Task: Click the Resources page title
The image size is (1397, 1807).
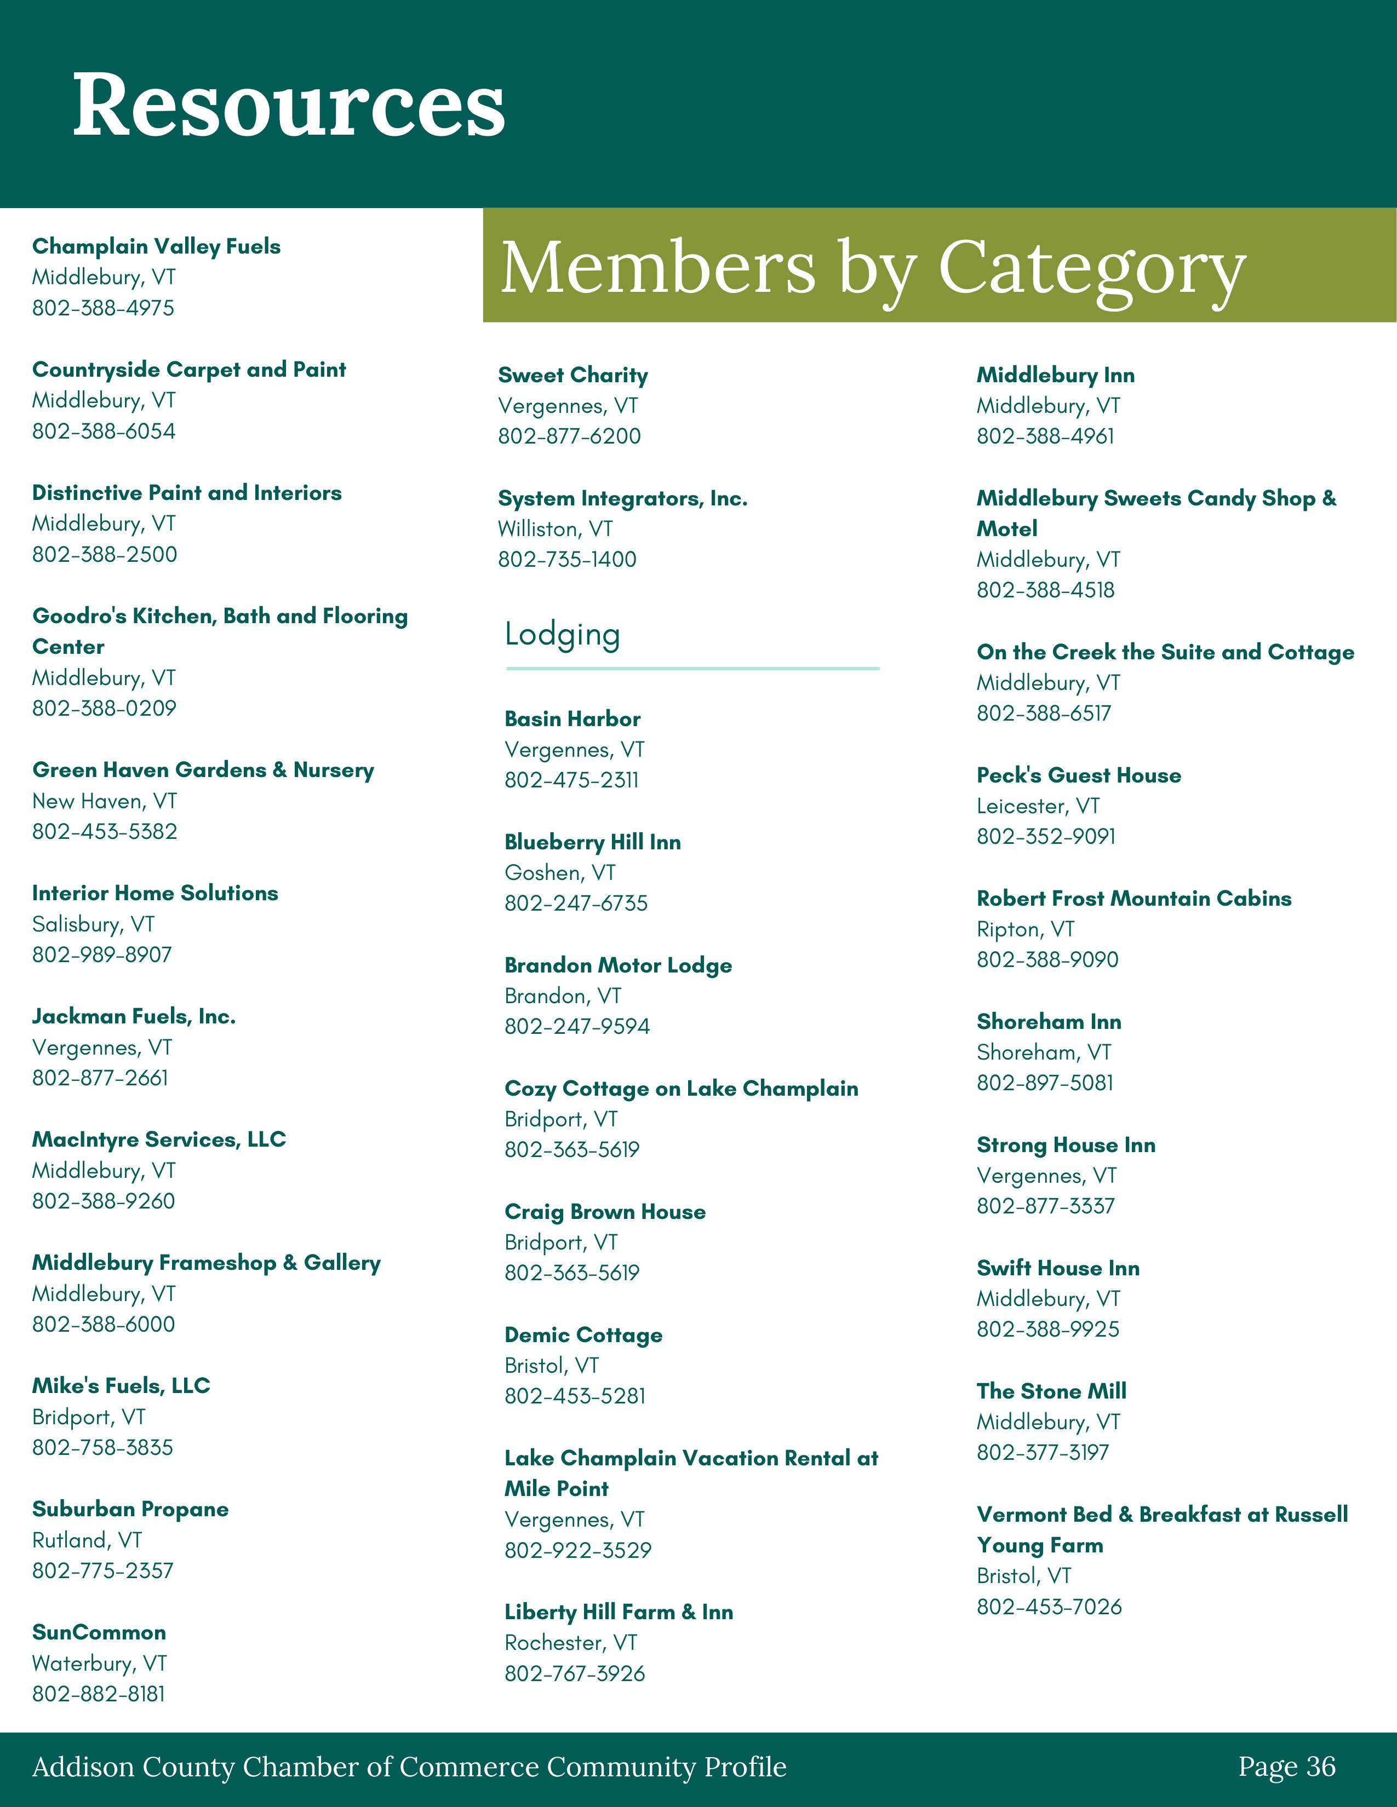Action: coord(289,105)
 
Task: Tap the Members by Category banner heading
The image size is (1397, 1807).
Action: coord(873,267)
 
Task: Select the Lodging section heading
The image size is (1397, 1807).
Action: coord(562,635)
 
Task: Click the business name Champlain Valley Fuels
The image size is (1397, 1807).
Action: coord(157,246)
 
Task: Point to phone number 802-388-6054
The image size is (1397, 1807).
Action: coord(104,431)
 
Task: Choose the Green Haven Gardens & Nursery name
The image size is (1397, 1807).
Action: coord(203,770)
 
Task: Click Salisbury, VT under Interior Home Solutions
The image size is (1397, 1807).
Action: coord(93,924)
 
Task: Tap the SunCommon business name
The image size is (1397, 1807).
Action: coord(99,1632)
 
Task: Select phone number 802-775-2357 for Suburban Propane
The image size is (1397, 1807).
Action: coord(102,1570)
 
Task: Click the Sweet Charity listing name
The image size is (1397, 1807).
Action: coord(572,376)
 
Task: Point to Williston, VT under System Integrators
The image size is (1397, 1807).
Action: coord(556,530)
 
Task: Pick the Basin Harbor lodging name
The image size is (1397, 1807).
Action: coord(572,719)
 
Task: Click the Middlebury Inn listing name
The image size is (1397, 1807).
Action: coord(1055,376)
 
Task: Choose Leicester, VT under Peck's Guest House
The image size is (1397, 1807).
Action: coord(1038,806)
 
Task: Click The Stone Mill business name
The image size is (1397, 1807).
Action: coord(1051,1391)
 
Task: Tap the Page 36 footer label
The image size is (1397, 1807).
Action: coord(1287,1766)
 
